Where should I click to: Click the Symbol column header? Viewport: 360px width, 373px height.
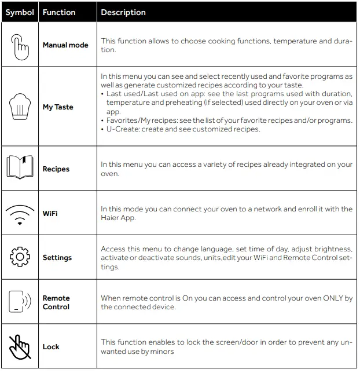[20, 12]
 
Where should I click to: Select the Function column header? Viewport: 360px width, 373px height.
[59, 12]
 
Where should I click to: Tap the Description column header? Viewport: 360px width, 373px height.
[123, 12]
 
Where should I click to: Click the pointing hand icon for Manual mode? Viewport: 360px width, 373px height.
[20, 45]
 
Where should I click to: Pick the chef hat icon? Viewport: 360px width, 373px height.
[20, 107]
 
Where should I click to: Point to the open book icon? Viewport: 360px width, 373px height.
[20, 169]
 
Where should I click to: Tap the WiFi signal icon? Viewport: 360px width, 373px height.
[20, 213]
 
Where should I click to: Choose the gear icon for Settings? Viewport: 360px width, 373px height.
[20, 257]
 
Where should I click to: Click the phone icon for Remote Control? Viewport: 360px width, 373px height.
[20, 302]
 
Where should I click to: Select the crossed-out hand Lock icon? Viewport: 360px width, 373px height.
[20, 346]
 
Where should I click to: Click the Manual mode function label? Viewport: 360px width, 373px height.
[65, 45]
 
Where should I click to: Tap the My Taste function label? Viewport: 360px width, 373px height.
[58, 107]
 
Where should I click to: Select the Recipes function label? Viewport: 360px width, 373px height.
[56, 169]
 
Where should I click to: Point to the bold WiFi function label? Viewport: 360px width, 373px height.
[50, 213]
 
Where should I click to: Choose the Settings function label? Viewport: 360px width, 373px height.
[57, 258]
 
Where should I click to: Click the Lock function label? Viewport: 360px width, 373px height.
[51, 346]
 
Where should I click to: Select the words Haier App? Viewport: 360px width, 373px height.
[119, 218]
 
